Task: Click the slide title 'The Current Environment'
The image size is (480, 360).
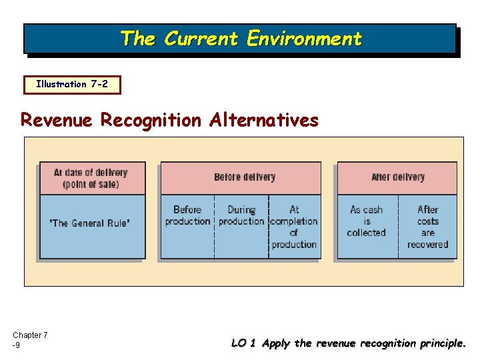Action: pos(241,39)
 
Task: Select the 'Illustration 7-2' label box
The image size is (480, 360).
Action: pos(71,85)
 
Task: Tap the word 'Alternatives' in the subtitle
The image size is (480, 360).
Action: pos(264,120)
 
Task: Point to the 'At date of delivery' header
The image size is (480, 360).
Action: pos(91,173)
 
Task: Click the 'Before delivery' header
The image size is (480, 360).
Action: pos(245,177)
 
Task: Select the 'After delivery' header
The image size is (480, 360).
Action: pos(398,177)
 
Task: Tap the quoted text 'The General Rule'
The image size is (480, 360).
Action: pos(90,223)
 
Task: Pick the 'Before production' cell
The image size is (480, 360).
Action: pos(187,215)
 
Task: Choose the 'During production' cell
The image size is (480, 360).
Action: pos(241,215)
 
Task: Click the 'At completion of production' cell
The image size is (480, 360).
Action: pos(294,227)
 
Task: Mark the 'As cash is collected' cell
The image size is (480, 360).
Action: pos(366,221)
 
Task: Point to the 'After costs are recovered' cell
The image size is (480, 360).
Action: pos(427,227)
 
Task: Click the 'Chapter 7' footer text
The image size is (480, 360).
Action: pos(30,335)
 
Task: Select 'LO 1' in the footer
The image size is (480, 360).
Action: pos(243,344)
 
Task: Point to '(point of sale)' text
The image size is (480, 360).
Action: pos(91,184)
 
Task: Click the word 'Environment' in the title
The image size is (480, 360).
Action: pos(304,39)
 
